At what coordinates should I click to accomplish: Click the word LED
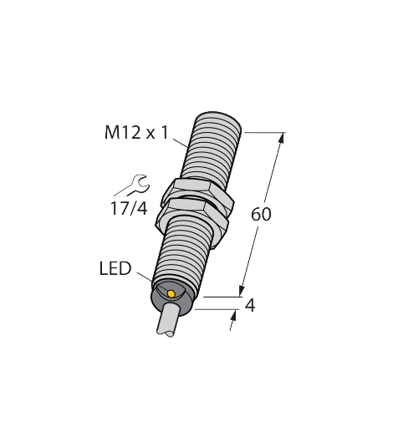[x=115, y=269]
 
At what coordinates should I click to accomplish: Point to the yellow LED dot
[x=171, y=293]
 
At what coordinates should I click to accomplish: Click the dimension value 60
[x=262, y=214]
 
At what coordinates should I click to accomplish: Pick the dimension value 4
[x=249, y=305]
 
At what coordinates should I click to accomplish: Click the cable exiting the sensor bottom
[x=166, y=322]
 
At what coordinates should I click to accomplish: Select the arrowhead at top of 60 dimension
[x=283, y=136]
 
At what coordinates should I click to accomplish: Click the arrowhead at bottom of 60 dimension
[x=242, y=291]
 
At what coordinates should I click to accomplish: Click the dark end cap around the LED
[x=167, y=297]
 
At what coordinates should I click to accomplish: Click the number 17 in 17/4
[x=117, y=207]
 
